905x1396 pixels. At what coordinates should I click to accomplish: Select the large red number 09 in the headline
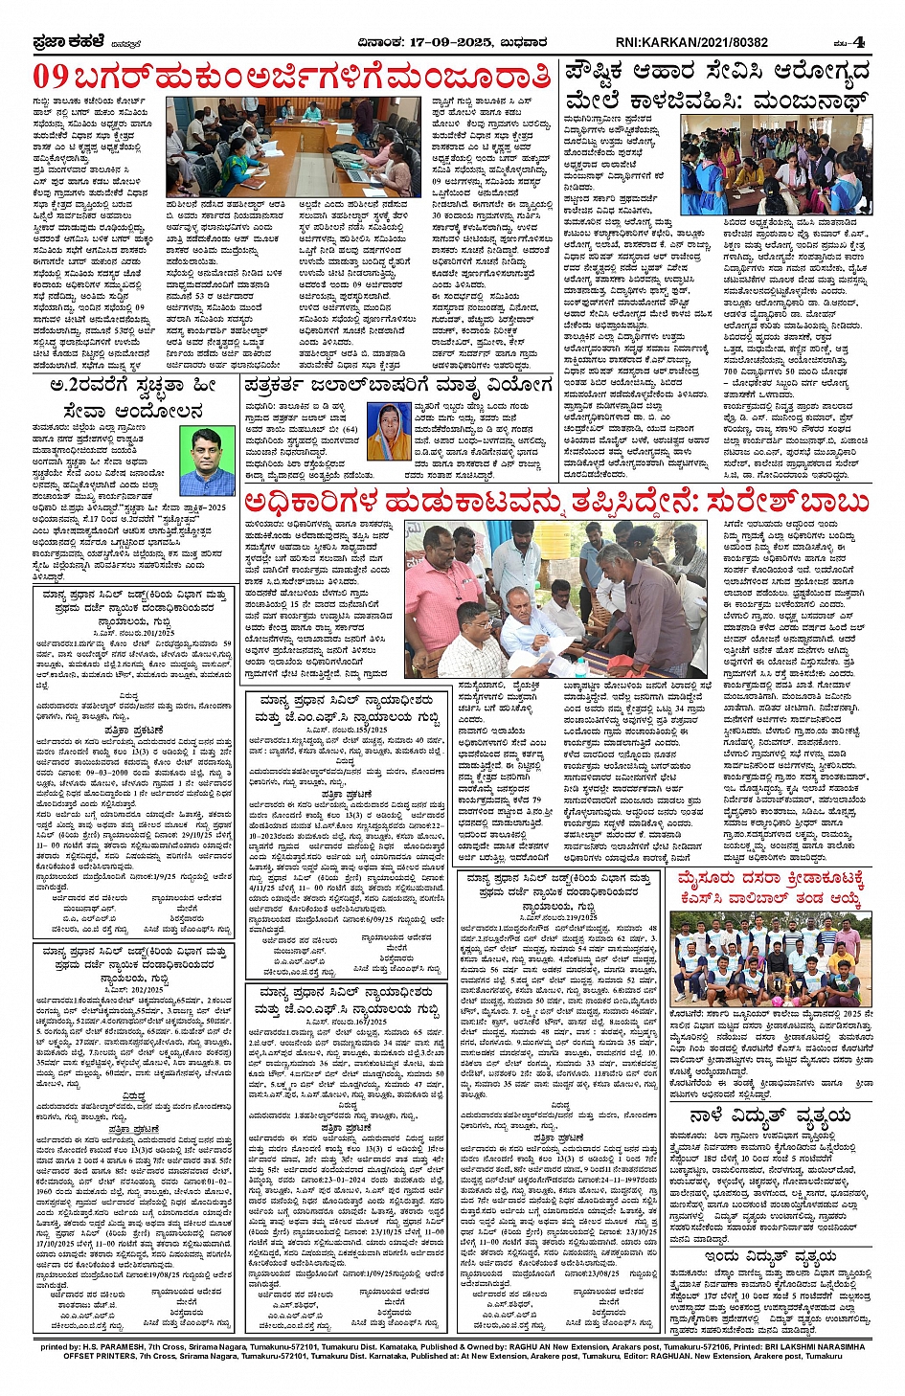coord(51,77)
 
